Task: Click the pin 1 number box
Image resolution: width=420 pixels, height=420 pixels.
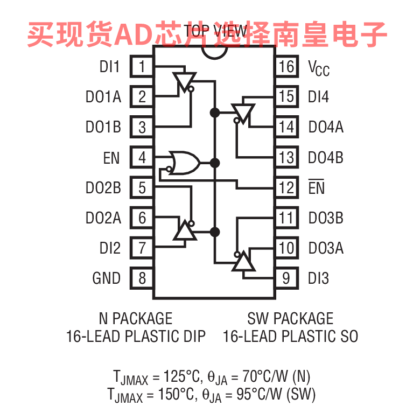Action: pos(142,67)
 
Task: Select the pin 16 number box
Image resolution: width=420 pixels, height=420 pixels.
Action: pos(286,67)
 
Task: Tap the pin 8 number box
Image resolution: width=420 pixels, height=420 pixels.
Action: pos(142,278)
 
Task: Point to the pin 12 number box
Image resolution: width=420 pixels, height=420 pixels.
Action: pos(286,188)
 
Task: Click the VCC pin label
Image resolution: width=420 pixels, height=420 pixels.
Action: pos(318,68)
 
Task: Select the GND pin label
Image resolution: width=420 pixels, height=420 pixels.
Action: pos(107,278)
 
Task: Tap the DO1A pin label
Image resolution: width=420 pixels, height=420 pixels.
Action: pos(103,97)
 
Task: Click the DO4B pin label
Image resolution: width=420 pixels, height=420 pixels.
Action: pos(326,158)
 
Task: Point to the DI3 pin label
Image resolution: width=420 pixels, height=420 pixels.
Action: pos(318,278)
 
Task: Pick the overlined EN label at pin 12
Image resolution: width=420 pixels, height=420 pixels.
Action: pos(317,188)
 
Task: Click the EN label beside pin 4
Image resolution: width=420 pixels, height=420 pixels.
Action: pos(111,158)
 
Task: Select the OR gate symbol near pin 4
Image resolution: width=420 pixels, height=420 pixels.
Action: pos(183,162)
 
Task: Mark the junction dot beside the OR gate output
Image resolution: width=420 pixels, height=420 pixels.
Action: pos(215,162)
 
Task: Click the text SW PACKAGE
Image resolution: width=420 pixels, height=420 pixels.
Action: pos(290,318)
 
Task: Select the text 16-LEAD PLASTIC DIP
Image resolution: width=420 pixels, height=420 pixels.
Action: pos(136,337)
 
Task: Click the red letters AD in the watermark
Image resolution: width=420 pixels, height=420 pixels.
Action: pos(128,33)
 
